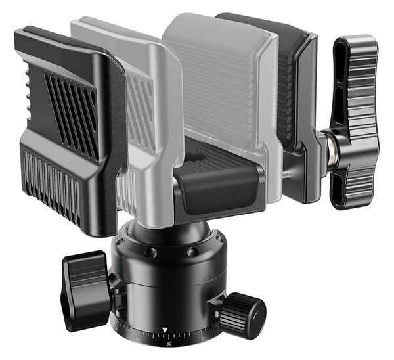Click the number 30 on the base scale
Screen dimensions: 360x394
pyautogui.click(x=169, y=342)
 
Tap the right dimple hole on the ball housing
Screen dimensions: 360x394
pyautogui.click(x=192, y=252)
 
